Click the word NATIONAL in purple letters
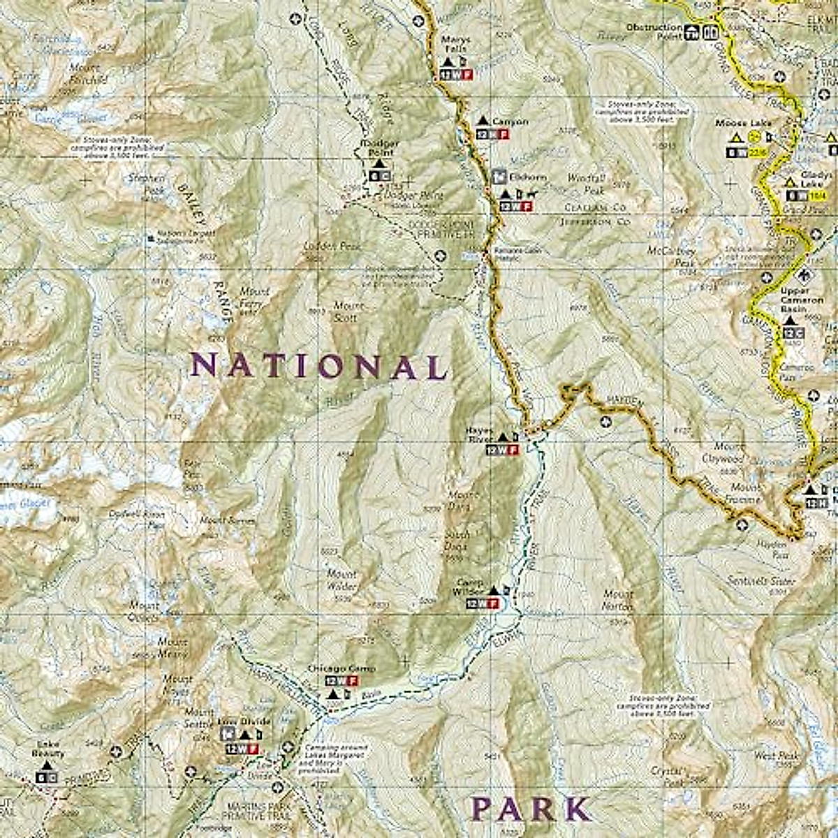click(x=318, y=367)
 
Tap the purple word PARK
click(x=531, y=809)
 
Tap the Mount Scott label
click(x=347, y=311)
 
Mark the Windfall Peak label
click(x=584, y=184)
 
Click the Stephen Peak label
click(x=146, y=183)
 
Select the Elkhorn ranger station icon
click(x=499, y=176)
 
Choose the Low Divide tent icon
click(x=244, y=735)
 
